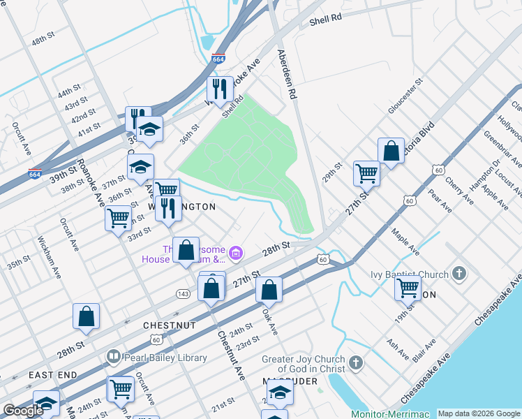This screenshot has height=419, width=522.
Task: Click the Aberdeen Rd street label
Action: (287, 73)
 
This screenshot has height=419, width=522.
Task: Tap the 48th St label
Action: (43, 37)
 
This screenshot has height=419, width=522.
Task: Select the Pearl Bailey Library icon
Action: (113, 358)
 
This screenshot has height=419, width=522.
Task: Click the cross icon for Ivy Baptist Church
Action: (459, 273)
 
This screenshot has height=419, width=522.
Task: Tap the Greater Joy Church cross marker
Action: (356, 363)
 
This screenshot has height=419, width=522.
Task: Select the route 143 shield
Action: (184, 293)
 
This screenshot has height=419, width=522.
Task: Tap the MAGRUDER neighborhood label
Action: (290, 381)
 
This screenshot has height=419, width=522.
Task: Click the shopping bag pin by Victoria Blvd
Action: (391, 150)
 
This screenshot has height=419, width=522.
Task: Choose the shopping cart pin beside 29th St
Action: (366, 172)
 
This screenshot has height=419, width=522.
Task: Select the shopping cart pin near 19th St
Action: (408, 286)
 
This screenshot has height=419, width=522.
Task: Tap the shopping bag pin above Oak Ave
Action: (269, 288)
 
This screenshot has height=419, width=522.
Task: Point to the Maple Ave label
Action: (405, 240)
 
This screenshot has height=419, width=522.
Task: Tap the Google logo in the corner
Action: (24, 411)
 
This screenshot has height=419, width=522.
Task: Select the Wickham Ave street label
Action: (49, 258)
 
